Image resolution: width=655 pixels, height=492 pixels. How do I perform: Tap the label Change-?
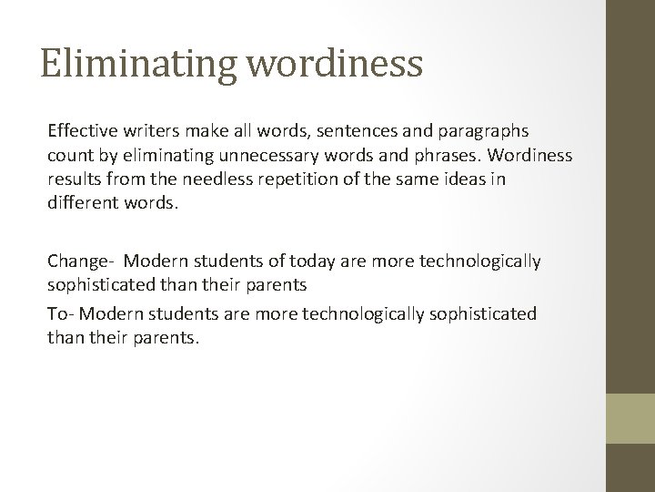click(x=78, y=261)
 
